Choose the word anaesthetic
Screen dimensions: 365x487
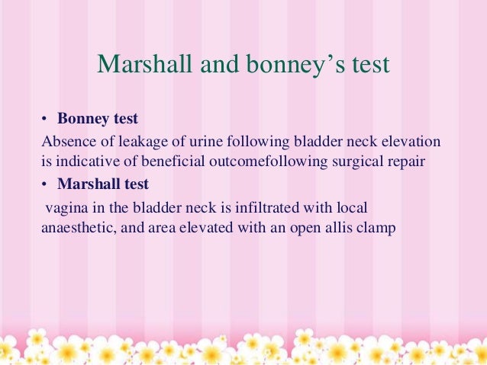[77, 227]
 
